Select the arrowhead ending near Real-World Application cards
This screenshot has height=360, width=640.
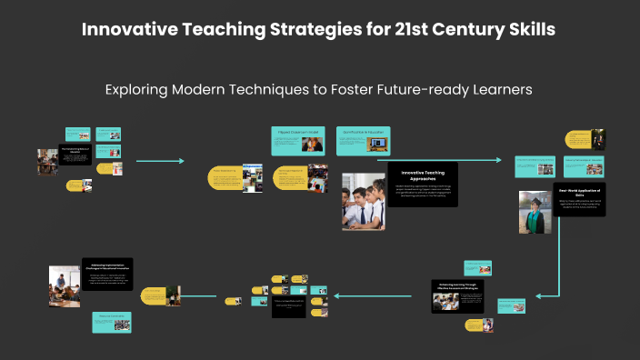click(x=498, y=160)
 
